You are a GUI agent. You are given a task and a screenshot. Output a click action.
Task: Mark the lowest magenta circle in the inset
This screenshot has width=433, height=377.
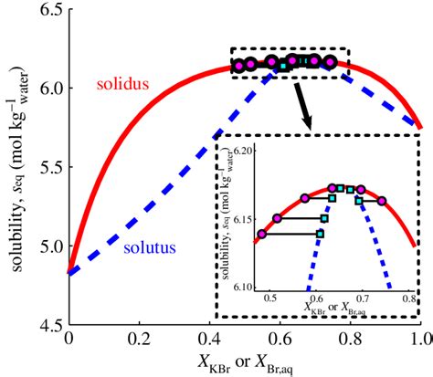click(262, 234)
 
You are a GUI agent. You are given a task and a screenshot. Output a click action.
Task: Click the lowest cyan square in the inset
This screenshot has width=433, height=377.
click(319, 234)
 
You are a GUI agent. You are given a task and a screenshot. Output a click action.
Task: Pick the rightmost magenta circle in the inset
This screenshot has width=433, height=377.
click(382, 200)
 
